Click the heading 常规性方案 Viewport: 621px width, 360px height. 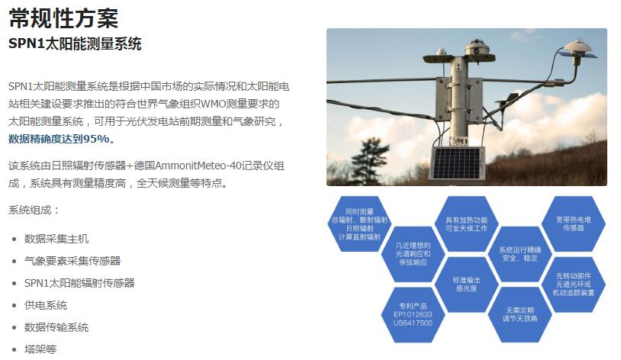click(63, 18)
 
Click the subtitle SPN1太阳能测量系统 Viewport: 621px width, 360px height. click(75, 43)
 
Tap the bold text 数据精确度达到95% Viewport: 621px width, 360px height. click(59, 139)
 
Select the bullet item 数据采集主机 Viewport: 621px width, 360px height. click(56, 239)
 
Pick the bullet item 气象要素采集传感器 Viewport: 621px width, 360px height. click(72, 261)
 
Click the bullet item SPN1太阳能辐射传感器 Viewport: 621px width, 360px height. click(79, 283)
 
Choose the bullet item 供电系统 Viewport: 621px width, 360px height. click(46, 305)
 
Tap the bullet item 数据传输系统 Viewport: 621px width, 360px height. click(56, 327)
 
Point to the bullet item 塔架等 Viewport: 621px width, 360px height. click(40, 349)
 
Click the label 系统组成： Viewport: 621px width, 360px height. click(34, 210)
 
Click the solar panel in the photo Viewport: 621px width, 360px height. click(457, 163)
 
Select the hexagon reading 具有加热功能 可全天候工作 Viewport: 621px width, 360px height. click(467, 224)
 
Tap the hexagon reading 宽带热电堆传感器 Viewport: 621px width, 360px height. click(573, 223)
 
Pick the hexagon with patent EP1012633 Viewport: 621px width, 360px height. click(413, 315)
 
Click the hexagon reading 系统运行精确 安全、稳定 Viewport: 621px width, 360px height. click(520, 254)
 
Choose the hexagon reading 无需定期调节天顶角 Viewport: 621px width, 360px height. click(520, 315)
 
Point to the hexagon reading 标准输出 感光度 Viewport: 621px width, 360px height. click(467, 284)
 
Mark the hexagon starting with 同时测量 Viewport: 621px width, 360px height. click(359, 224)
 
